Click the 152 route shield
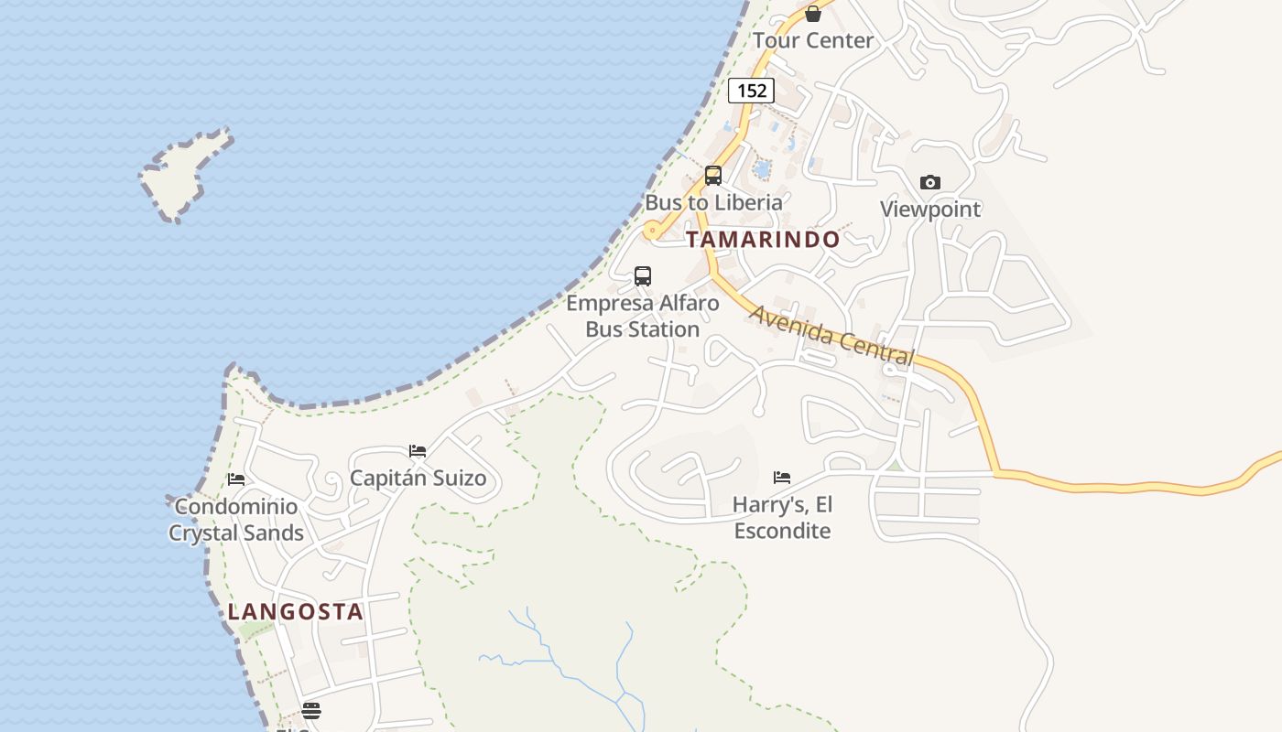coord(751,91)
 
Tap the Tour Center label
coord(813,40)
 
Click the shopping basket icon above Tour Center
coord(813,13)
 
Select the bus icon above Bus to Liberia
coord(713,176)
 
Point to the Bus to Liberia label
coord(714,202)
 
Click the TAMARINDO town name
coord(763,240)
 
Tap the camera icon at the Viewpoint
coord(930,182)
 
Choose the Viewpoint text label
coord(930,210)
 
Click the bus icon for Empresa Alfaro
coord(643,275)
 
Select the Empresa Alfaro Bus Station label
coord(643,316)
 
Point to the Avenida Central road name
coord(831,336)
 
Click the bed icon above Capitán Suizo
coord(418,451)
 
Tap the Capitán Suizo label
coord(418,479)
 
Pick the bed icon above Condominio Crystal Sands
coord(236,479)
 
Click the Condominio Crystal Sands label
coord(236,520)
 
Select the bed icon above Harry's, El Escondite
coord(782,477)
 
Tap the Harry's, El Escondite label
coord(783,518)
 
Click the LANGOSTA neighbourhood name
coord(296,612)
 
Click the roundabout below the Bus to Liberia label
coord(652,231)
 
